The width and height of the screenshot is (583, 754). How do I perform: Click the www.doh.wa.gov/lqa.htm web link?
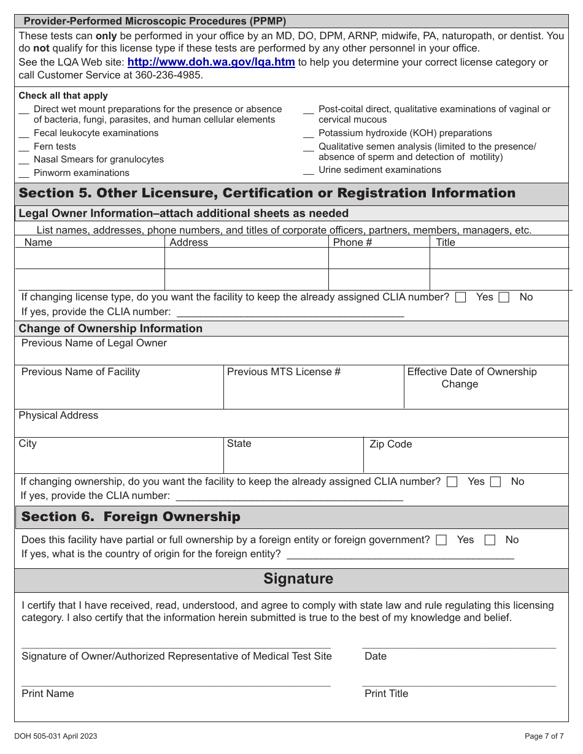click(211, 63)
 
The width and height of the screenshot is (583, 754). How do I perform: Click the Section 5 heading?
click(267, 193)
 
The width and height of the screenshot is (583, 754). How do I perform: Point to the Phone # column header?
click(352, 242)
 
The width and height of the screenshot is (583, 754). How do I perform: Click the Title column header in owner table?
click(446, 242)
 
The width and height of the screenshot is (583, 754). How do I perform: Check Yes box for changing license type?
click(461, 297)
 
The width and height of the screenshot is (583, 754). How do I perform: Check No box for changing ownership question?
click(496, 482)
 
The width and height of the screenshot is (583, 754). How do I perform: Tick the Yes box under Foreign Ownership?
click(441, 540)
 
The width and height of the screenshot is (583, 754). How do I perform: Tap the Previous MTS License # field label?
click(284, 372)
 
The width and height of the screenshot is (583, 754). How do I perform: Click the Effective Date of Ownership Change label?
click(471, 378)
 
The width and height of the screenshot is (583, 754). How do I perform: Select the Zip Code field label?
click(390, 444)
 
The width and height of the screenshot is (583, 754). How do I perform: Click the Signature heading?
click(298, 579)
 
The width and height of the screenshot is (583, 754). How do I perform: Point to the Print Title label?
click(386, 693)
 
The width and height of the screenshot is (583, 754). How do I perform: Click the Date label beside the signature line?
click(376, 656)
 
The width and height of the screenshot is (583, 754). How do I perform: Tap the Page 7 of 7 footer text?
click(544, 736)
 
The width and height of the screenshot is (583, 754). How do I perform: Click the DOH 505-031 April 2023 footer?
click(56, 736)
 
